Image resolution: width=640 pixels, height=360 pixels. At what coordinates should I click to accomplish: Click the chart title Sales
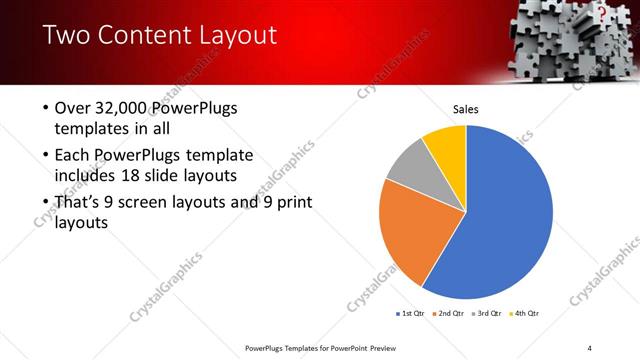coord(466,108)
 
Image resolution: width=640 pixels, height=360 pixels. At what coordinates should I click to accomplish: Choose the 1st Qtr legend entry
coord(412,313)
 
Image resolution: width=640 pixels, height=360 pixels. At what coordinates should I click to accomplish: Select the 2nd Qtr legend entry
coord(449,313)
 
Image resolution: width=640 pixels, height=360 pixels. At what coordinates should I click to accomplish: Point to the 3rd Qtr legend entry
coord(487,313)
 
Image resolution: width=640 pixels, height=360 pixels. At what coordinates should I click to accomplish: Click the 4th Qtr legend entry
coord(525,313)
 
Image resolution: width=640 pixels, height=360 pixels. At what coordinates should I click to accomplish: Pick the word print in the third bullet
coord(290,203)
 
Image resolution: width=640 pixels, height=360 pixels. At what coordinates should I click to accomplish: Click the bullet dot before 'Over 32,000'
coord(46,108)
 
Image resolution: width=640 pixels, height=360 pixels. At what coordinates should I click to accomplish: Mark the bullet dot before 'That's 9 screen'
coord(46,204)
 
